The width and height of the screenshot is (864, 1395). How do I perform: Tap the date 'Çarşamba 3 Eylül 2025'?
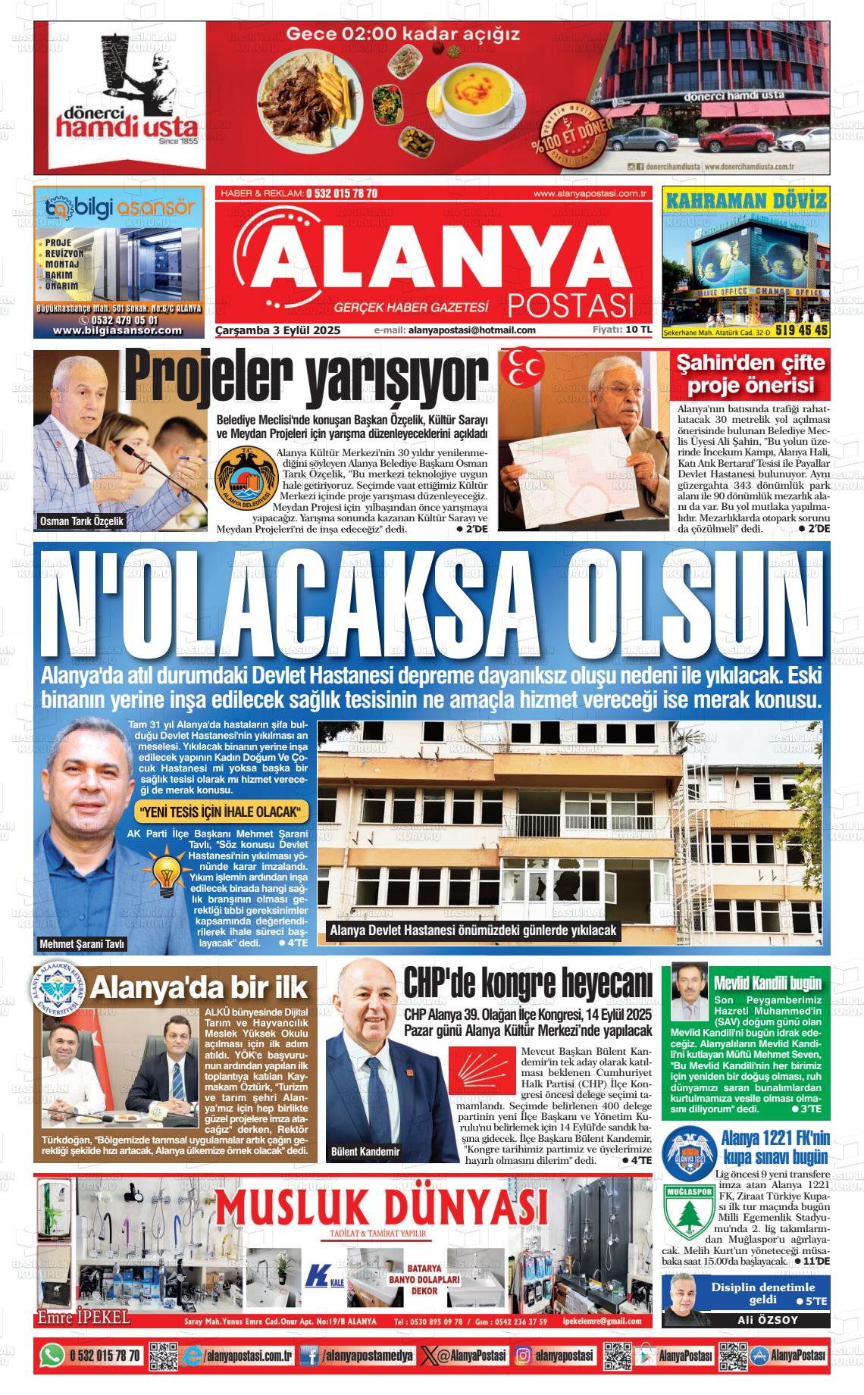278,330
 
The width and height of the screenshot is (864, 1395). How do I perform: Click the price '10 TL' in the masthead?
638,330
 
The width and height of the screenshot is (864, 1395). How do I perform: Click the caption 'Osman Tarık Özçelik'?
82,521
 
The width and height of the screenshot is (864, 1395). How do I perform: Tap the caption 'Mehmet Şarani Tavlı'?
82,944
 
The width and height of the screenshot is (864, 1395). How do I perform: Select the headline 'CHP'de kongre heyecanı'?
527,984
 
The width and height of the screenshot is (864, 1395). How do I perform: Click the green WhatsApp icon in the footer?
52,1356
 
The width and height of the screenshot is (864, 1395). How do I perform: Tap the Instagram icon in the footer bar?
523,1356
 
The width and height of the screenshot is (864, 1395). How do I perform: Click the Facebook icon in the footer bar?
309,1356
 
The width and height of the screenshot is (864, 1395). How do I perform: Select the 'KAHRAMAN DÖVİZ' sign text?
746,201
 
